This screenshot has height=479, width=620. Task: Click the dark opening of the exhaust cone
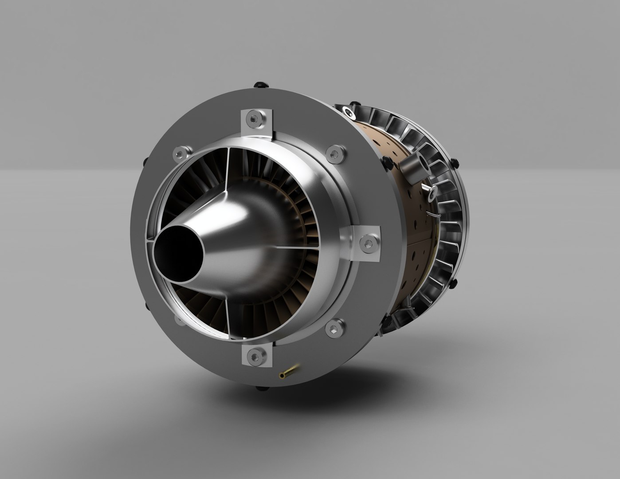[x=176, y=255]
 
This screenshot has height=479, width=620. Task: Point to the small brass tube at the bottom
[x=289, y=371]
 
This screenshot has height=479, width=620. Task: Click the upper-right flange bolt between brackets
[x=335, y=153]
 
